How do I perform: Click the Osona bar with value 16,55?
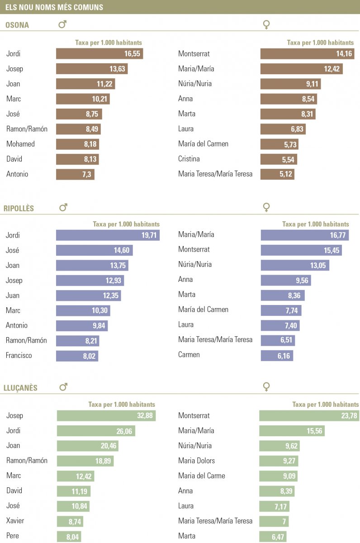tap(99, 54)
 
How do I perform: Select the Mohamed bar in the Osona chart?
tap(77, 144)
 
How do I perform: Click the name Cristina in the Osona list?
tap(189, 159)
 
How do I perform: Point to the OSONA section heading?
tap(17, 25)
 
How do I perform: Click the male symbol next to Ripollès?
tap(63, 208)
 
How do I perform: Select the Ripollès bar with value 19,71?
tap(108, 235)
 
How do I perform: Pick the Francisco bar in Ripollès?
tap(77, 356)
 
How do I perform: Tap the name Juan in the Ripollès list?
tap(13, 295)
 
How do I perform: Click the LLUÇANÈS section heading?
tap(20, 388)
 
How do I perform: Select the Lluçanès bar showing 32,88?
tap(106, 416)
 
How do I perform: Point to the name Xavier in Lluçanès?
tap(15, 521)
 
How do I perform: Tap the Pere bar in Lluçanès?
tap(69, 536)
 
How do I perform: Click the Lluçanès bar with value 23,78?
tap(309, 416)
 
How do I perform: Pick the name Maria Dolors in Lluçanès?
tap(196, 461)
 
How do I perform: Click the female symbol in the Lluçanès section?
tap(266, 386)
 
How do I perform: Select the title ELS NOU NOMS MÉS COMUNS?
tap(54, 7)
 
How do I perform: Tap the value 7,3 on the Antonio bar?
tap(86, 174)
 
